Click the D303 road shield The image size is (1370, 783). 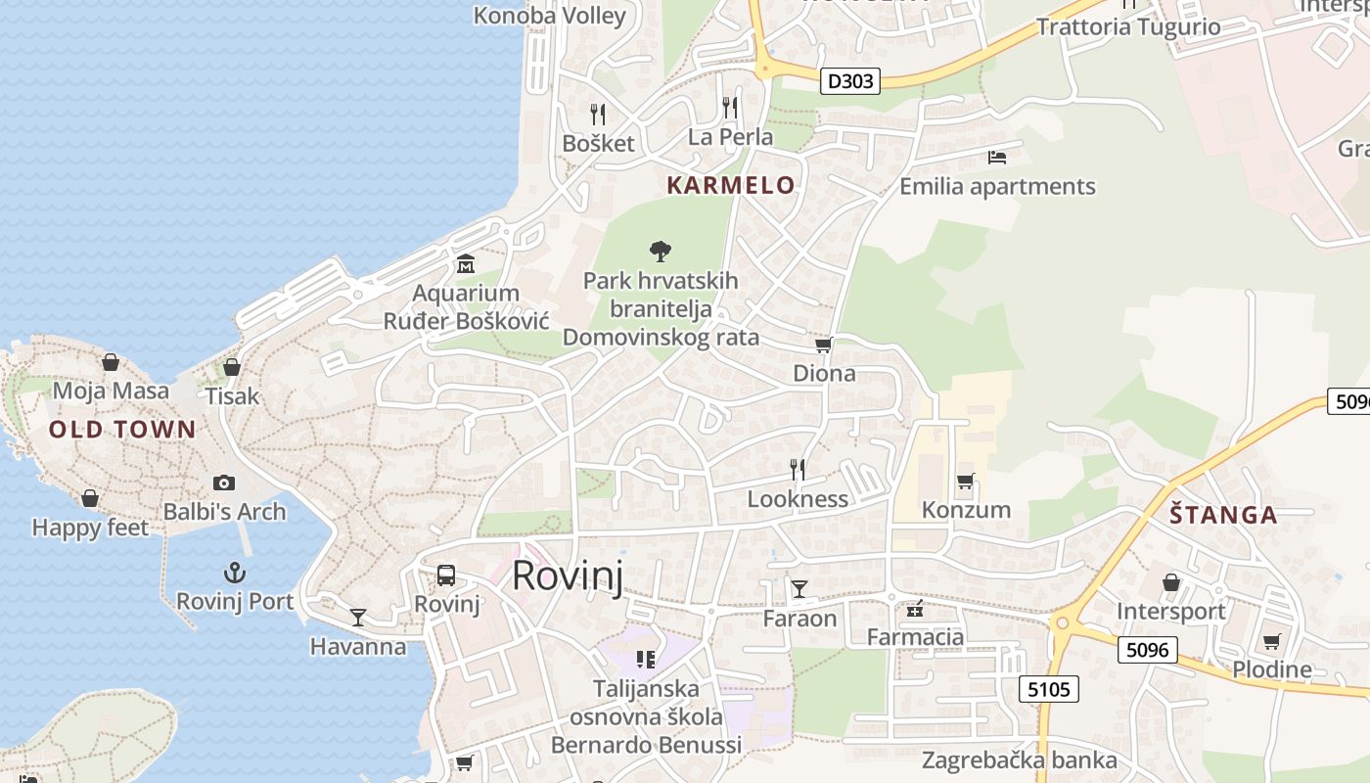[x=849, y=81]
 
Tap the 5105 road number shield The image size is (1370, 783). [x=1049, y=689]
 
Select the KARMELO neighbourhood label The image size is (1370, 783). [x=730, y=185]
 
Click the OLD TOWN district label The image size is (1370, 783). [x=122, y=429]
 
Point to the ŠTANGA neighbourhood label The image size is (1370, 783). [x=1223, y=515]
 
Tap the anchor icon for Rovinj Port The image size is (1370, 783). [x=234, y=573]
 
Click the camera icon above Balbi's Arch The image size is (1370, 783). [x=224, y=483]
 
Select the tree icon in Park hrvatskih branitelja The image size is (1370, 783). [x=661, y=251]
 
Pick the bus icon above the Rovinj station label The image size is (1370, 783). [x=446, y=576]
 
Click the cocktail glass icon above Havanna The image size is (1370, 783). [x=358, y=618]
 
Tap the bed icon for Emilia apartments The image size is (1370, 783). [x=997, y=157]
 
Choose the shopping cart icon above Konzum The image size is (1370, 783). [x=966, y=481]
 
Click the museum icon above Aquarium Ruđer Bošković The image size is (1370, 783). [x=465, y=264]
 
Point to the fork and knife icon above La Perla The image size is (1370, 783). [x=730, y=108]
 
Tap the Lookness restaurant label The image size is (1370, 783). [x=798, y=498]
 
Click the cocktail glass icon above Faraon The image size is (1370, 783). [x=799, y=588]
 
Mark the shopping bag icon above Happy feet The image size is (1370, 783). [x=90, y=498]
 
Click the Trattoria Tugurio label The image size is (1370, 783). [x=1128, y=26]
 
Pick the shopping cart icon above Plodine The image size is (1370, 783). [x=1271, y=641]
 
